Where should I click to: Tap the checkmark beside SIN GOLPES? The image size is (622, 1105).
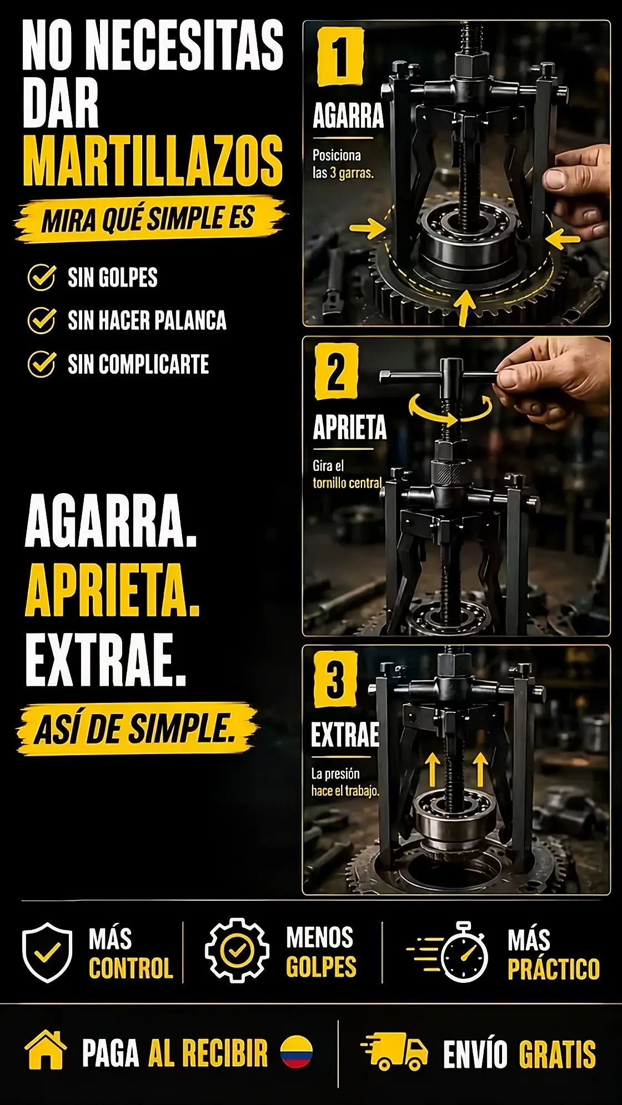[x=42, y=277]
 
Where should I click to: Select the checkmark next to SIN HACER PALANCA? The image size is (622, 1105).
[x=42, y=320]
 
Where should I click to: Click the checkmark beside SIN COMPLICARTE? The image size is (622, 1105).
[x=42, y=364]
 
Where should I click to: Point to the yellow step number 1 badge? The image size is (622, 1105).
[x=340, y=57]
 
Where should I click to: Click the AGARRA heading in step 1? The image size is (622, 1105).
[x=348, y=115]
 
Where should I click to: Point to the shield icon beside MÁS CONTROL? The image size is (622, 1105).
[x=47, y=953]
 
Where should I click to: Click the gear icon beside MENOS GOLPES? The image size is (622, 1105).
[x=237, y=951]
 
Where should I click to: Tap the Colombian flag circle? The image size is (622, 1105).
[x=297, y=1051]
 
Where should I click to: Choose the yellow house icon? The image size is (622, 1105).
[x=46, y=1050]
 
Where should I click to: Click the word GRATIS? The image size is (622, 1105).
[x=557, y=1054]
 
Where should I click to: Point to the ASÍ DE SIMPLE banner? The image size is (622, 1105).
[x=137, y=729]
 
